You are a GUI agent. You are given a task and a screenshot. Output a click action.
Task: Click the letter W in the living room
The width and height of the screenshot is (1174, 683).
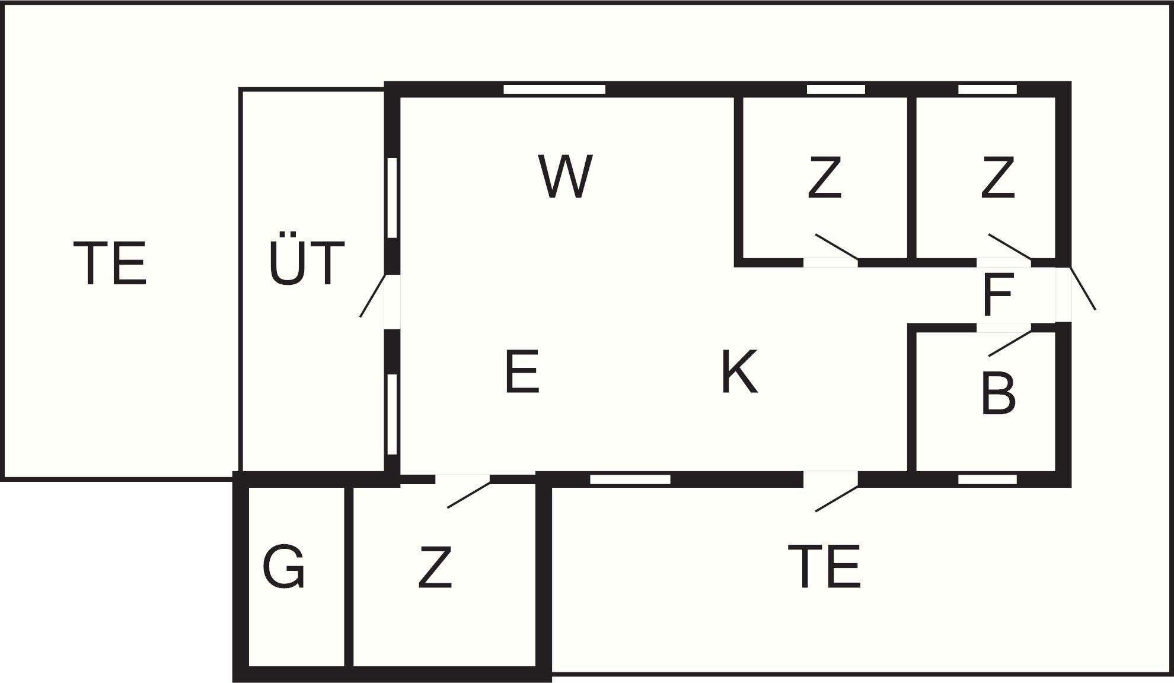[566, 176]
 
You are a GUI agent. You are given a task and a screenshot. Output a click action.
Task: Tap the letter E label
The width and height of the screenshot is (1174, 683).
[522, 371]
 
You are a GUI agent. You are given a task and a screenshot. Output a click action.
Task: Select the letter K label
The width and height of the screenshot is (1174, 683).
[740, 371]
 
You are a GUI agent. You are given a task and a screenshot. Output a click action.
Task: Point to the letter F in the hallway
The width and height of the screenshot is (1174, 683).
[997, 294]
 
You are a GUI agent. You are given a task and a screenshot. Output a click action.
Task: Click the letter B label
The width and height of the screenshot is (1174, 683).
[998, 392]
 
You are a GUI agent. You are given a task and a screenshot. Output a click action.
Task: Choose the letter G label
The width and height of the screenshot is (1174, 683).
[283, 567]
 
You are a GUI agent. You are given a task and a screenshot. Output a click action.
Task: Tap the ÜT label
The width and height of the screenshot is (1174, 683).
[306, 262]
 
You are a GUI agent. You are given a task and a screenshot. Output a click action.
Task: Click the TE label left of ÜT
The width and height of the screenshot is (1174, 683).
[110, 263]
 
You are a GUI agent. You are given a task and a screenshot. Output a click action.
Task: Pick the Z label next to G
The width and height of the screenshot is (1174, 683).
[435, 567]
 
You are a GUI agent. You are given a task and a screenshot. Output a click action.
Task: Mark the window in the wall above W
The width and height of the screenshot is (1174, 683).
[554, 89]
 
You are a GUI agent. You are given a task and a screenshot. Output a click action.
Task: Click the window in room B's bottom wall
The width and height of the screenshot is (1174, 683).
[987, 479]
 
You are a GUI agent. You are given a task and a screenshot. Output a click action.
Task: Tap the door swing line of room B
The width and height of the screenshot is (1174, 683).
[1010, 343]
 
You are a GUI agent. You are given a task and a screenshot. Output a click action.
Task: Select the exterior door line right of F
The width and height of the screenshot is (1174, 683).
[1082, 288]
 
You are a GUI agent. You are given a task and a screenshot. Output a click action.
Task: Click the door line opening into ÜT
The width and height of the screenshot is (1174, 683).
[374, 295]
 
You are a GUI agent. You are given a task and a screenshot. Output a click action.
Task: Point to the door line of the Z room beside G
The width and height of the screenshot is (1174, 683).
[469, 494]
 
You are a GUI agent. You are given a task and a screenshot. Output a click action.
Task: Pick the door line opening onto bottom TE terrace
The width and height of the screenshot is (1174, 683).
[837, 498]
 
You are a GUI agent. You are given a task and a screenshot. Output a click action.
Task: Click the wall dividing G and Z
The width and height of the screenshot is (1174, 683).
[349, 576]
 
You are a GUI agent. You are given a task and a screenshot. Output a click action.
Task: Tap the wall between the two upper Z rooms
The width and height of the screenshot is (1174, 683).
[912, 178]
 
